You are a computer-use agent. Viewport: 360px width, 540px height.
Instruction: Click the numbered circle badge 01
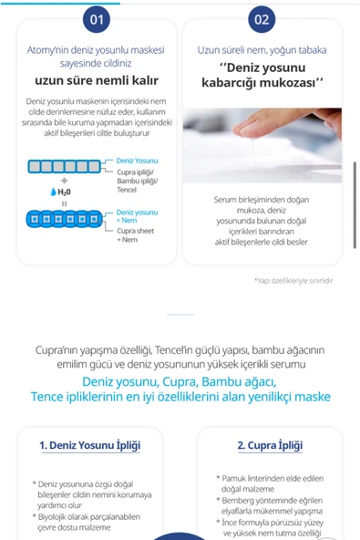[x=97, y=19]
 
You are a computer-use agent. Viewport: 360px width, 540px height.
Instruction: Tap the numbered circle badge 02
[x=262, y=19]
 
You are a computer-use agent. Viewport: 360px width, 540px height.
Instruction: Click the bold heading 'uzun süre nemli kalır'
[x=97, y=80]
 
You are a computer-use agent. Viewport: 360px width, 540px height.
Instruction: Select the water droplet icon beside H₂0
[x=53, y=192]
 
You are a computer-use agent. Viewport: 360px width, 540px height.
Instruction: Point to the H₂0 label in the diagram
[x=65, y=192]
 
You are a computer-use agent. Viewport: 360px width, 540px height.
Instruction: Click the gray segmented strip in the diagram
[x=65, y=166]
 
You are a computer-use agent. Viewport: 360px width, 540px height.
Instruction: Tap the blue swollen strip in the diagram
[x=65, y=219]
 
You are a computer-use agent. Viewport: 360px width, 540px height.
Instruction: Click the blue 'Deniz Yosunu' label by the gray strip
[x=137, y=161]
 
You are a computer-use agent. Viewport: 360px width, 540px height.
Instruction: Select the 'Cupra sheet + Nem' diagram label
[x=135, y=235]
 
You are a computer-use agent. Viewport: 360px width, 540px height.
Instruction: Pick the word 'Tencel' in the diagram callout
[x=127, y=190]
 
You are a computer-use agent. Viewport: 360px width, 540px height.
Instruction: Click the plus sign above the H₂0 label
[x=65, y=181]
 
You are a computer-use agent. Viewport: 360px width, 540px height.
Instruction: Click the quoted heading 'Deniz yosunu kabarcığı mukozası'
[x=262, y=75]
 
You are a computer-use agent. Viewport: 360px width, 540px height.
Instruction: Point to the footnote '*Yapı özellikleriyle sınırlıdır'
[x=293, y=281]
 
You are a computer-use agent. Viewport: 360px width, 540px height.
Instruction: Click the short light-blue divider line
[x=180, y=315]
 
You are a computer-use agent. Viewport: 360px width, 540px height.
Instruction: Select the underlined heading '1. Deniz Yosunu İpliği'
[x=90, y=445]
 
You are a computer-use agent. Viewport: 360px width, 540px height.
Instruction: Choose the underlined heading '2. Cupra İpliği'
[x=270, y=445]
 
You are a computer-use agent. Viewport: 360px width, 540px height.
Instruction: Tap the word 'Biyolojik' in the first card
[x=52, y=517]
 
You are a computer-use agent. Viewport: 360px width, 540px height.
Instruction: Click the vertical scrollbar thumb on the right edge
[x=355, y=205]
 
